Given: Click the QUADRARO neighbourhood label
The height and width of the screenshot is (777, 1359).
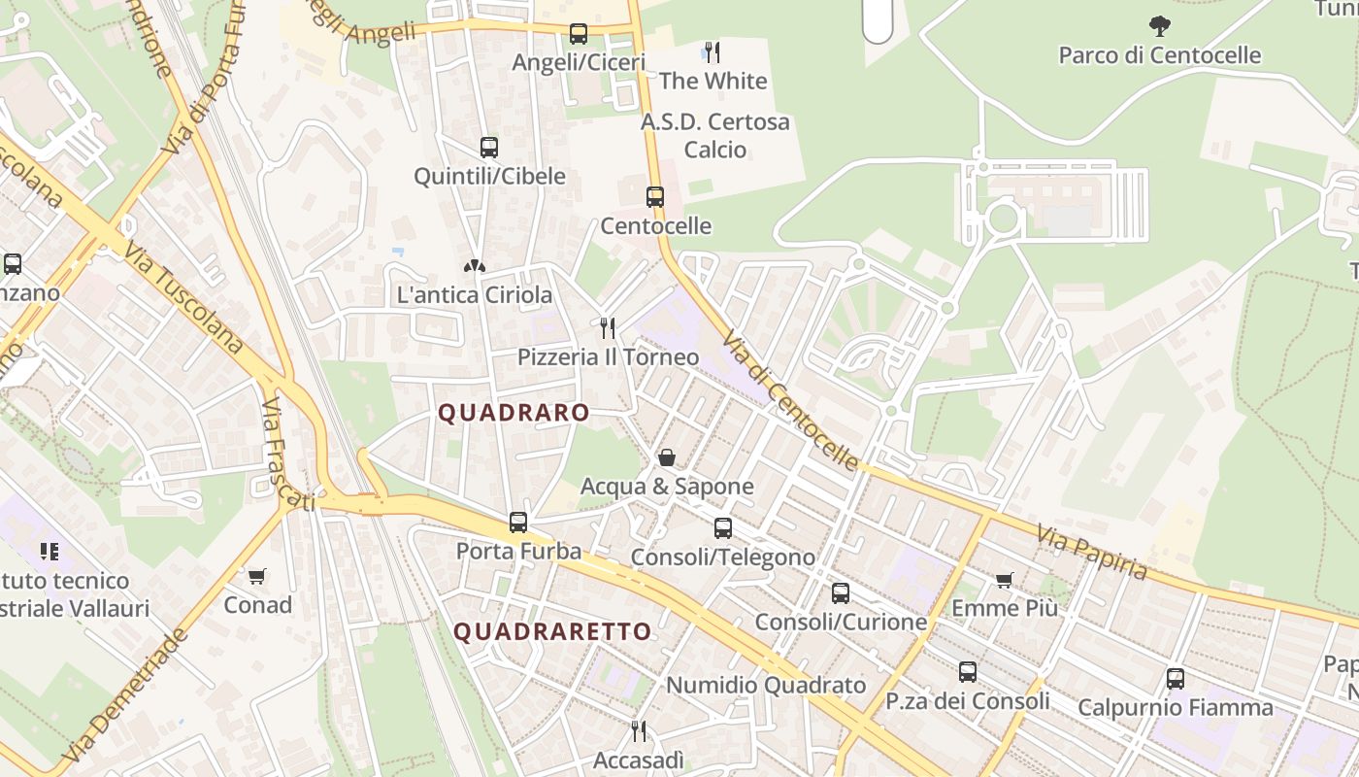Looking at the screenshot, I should pos(514,413).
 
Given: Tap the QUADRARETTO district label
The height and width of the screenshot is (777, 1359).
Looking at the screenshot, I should pos(552,632).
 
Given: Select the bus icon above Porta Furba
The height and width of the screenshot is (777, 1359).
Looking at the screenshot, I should pos(518,523).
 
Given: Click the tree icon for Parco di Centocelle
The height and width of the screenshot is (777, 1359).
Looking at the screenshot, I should pos(1159,26).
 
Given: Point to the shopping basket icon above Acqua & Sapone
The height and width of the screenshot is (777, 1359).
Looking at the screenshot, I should pos(667,456).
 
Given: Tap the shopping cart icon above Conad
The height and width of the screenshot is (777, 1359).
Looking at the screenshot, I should pos(257,577).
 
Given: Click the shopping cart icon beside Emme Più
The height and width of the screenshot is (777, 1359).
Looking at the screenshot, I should pos(1004,580).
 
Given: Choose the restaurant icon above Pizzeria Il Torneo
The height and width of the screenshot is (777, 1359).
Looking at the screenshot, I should pos(608,327).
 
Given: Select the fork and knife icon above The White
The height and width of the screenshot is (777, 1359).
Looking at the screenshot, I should pos(713,51).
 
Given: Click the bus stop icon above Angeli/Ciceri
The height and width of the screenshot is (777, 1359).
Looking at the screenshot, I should pos(579,34).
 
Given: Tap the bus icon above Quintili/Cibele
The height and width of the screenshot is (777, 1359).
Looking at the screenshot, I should pos(489,148).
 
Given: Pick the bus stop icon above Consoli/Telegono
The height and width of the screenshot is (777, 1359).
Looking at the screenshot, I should pos(723,528).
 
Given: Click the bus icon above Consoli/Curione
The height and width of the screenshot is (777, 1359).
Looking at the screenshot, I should pos(841,592).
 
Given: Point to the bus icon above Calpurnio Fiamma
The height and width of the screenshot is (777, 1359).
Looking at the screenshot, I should pos(1176,679).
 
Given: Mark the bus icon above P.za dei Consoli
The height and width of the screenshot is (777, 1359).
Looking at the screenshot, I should pos(968,672).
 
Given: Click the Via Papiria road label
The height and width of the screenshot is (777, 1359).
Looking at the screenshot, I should pos(1092,553).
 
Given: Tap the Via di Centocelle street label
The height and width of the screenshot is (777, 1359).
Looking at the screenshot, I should pos(790,399).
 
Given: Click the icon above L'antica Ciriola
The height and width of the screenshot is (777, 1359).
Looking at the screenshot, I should pos(475,265).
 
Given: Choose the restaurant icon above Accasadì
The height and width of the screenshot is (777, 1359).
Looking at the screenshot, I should pos(639,730).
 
